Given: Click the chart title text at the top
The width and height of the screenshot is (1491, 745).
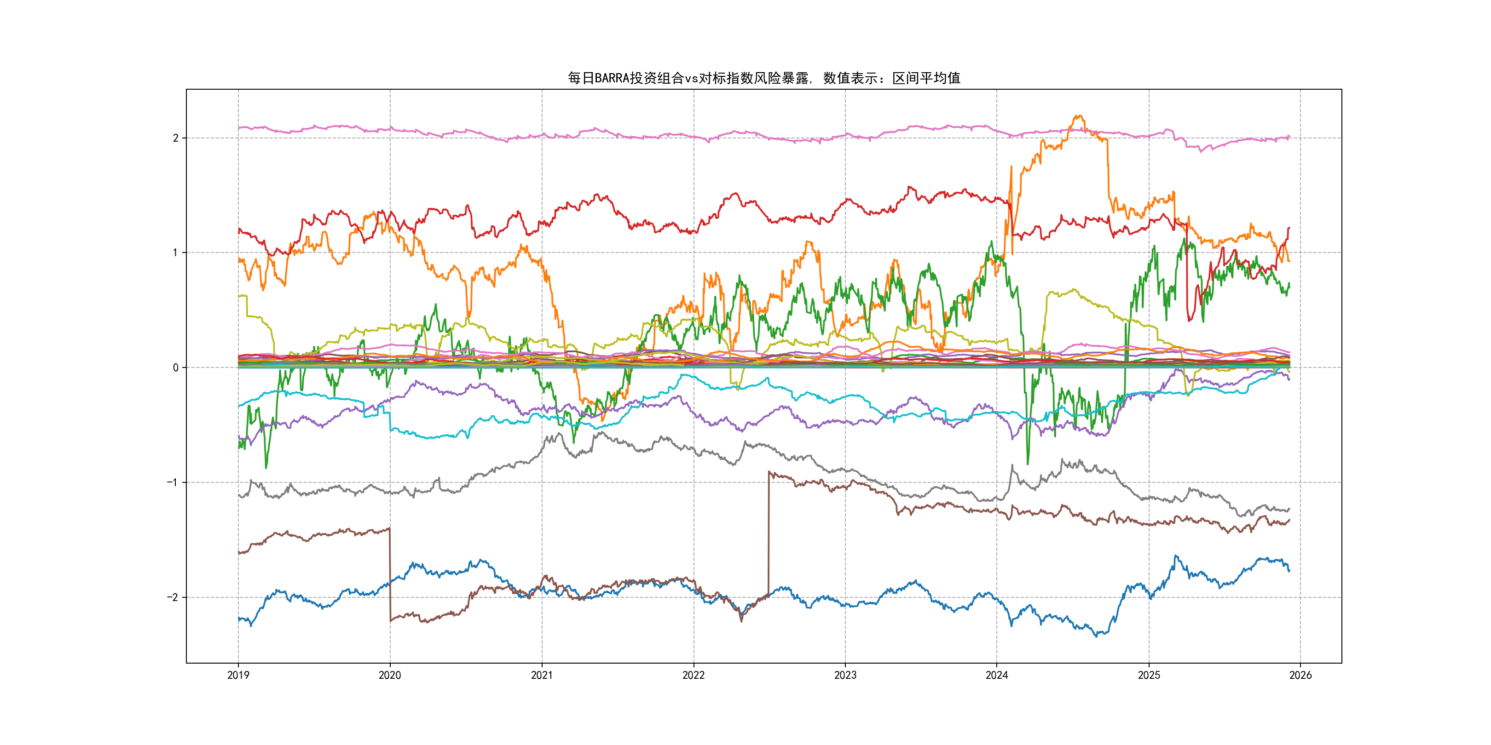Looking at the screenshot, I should click(763, 78).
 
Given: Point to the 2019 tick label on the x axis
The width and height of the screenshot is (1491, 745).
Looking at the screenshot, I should click(238, 675).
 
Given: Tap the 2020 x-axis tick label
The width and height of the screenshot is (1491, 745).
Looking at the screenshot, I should click(389, 675).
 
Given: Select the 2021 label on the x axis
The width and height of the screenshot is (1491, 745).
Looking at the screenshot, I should click(542, 675).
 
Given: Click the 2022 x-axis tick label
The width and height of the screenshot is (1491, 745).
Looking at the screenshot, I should click(693, 675).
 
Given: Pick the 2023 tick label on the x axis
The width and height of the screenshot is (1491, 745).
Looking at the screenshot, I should click(845, 675).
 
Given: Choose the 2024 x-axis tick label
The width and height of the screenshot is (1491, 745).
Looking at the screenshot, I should click(997, 675).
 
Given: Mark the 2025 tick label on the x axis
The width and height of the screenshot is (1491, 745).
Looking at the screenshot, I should click(1149, 675).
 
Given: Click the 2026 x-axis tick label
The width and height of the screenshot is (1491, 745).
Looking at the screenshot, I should click(1300, 675).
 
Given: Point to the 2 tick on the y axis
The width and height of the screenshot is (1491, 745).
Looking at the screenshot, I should click(175, 138).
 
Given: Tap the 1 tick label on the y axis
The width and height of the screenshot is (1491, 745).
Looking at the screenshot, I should click(175, 252).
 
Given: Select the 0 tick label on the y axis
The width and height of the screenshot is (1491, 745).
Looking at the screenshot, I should click(175, 367).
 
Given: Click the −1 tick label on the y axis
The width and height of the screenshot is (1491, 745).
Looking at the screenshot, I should click(173, 482).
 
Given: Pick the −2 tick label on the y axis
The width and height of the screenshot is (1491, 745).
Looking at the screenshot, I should click(173, 597).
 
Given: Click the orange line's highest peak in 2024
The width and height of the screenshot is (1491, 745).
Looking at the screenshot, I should click(1078, 116).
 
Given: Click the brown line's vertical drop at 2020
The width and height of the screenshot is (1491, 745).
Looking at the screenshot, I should click(389, 573).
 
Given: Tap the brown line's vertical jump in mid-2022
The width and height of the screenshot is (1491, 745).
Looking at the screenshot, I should click(769, 532).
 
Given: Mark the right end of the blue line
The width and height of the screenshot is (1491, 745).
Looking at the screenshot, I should click(1289, 570).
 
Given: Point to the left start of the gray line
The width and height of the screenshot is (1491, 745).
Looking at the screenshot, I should click(239, 495).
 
